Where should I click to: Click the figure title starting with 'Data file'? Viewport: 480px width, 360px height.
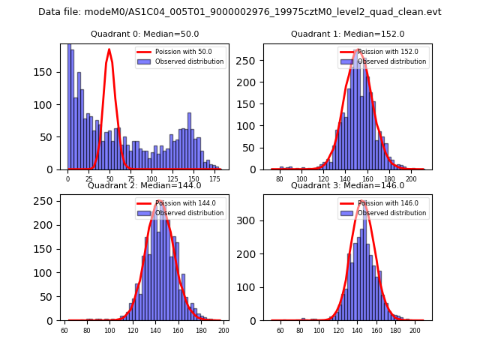(240, 12)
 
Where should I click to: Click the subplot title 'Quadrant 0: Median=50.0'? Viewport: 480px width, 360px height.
(145, 34)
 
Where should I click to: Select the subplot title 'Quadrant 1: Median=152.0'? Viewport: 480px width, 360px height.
(347, 34)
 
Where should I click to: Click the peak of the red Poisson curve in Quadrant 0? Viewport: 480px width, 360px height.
(109, 49)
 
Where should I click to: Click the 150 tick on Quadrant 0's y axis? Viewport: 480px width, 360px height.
(47, 74)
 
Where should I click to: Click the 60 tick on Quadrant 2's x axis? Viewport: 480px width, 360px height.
(64, 330)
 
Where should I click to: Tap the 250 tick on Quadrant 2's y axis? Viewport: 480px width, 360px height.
(47, 201)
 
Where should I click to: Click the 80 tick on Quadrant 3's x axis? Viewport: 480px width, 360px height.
(303, 330)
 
